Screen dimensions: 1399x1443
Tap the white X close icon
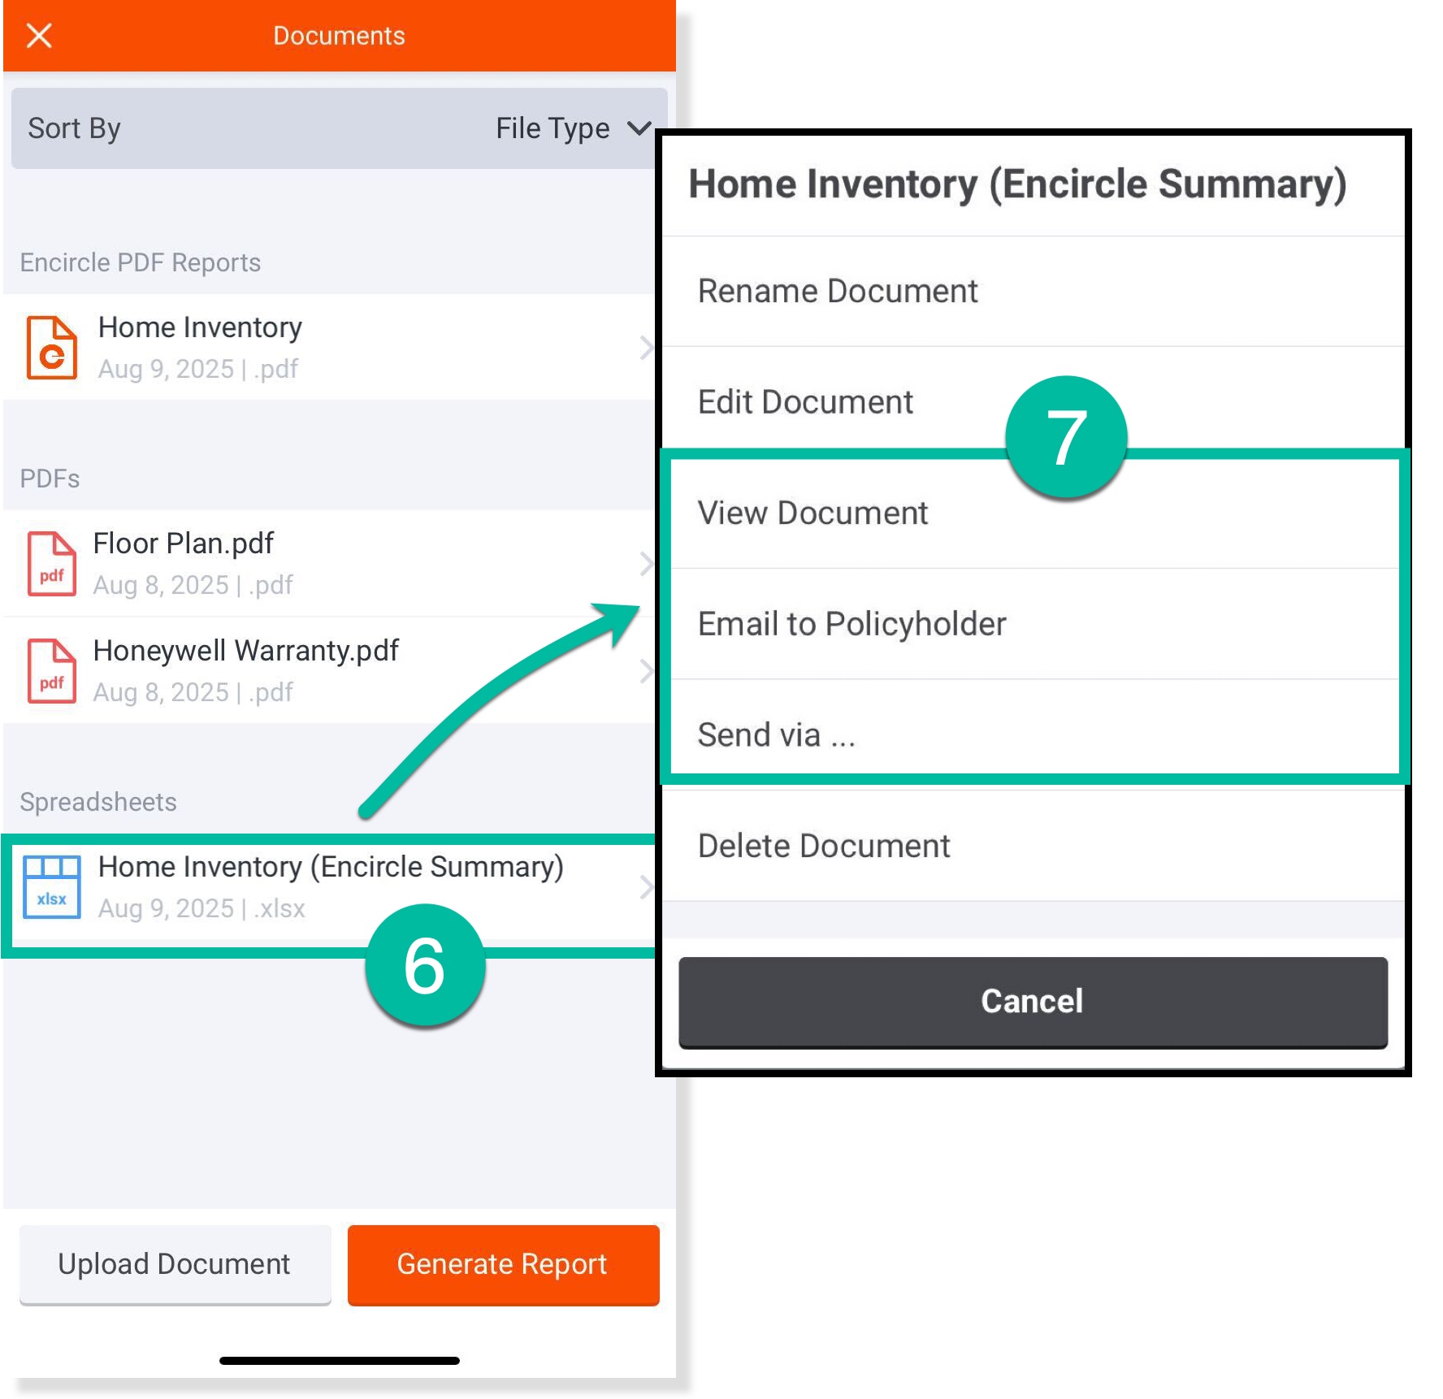coord(39,36)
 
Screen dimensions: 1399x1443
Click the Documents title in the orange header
coord(339,36)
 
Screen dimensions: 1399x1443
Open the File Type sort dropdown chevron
coord(639,128)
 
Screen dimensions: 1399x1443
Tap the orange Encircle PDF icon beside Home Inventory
coord(52,348)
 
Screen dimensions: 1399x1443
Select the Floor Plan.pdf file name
coord(184,544)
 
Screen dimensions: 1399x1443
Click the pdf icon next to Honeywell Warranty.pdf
coord(52,671)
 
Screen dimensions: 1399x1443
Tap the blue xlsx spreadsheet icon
coord(52,887)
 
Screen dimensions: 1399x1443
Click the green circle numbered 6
coord(425,965)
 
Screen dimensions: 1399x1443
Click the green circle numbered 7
coord(1066,436)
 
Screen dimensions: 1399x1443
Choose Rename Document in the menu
coord(838,291)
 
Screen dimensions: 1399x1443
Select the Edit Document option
coord(805,402)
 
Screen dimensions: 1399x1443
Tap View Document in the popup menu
coord(812,513)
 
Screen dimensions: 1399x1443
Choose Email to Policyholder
coord(851,624)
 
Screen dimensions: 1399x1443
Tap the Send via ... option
coord(776,735)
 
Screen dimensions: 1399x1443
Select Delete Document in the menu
coord(824,847)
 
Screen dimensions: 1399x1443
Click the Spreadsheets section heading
coord(98,802)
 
